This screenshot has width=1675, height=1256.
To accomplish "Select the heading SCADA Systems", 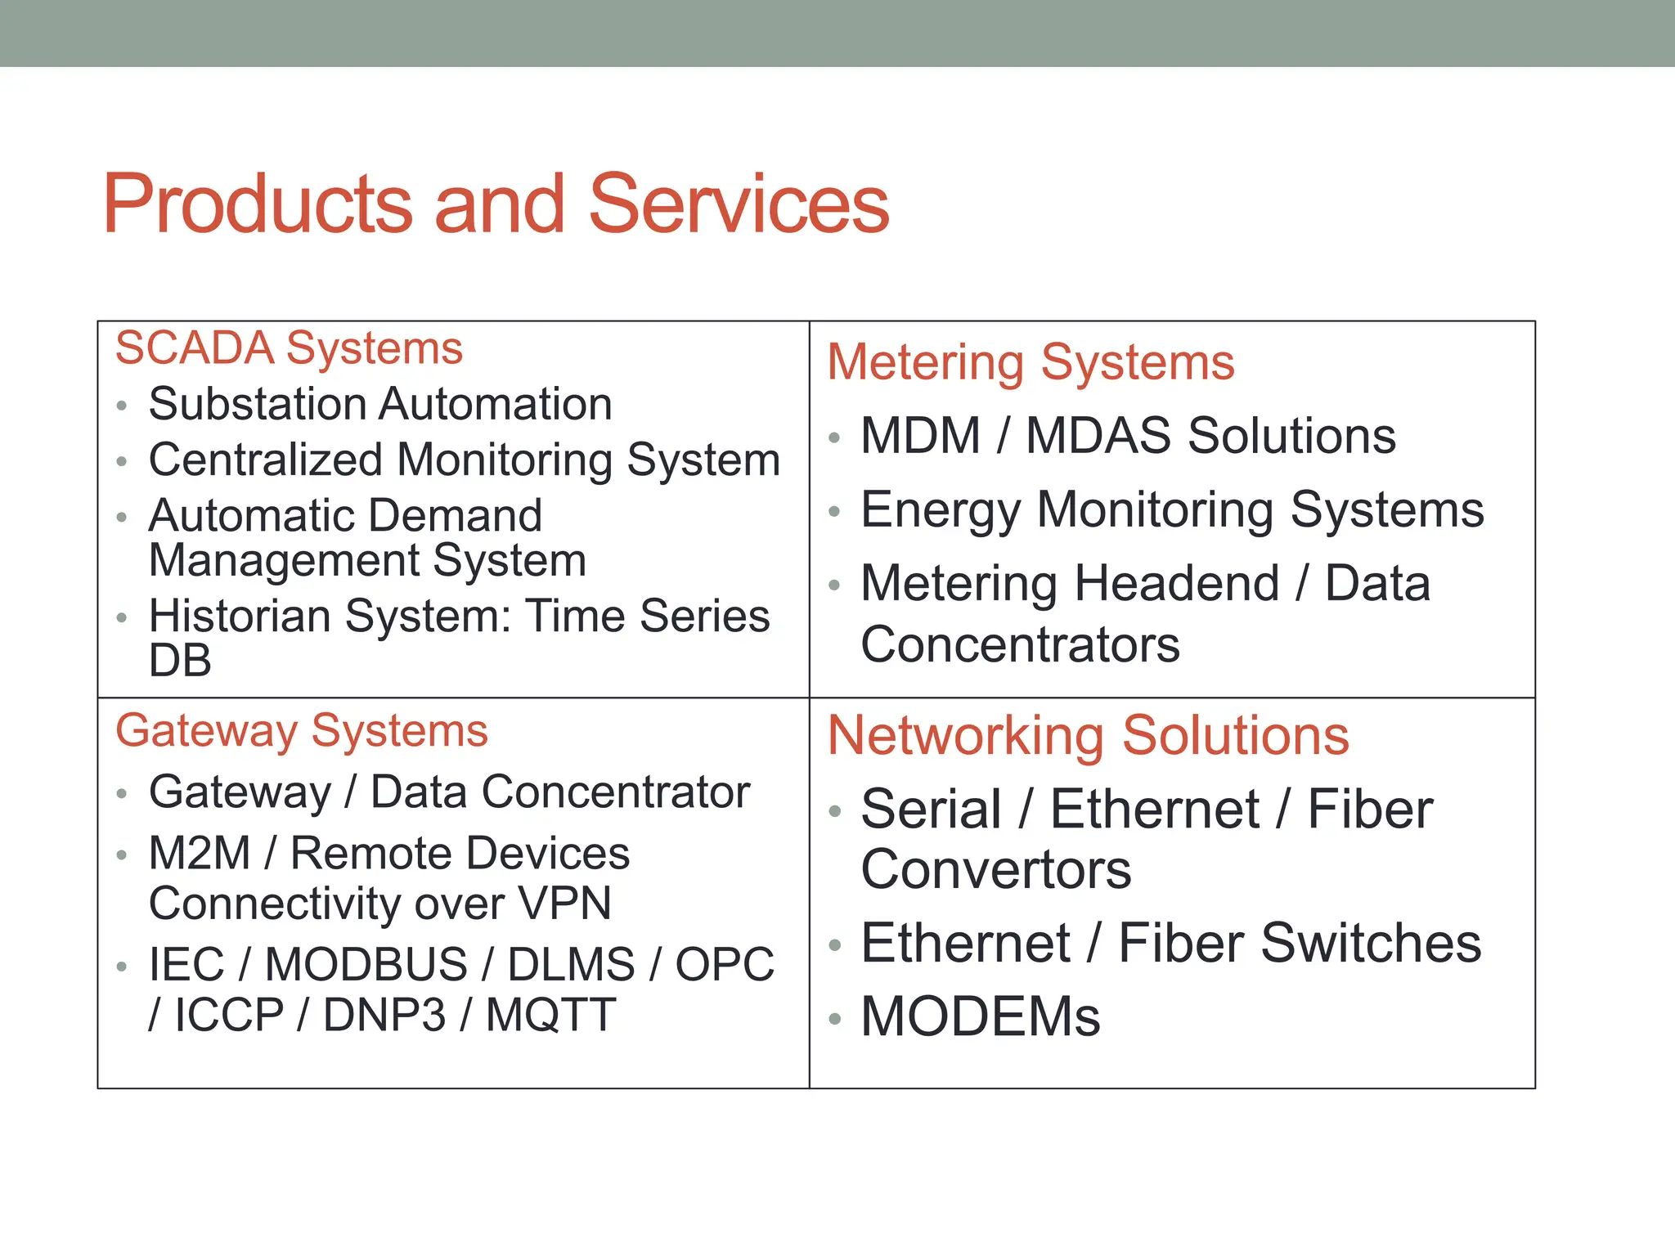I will (x=289, y=348).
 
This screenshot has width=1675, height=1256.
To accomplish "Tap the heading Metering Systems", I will (x=1030, y=362).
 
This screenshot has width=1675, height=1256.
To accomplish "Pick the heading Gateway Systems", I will (x=301, y=730).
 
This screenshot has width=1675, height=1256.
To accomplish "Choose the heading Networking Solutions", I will (x=1088, y=735).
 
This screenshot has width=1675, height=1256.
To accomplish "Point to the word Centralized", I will (x=265, y=460).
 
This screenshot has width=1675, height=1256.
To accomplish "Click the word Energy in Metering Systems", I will (x=941, y=510).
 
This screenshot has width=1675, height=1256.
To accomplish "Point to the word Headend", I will (x=1176, y=584).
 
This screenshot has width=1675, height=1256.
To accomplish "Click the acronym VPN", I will (x=564, y=904).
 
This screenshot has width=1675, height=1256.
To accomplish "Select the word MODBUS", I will (x=366, y=964).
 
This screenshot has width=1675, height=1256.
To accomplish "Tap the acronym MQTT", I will (x=550, y=1015).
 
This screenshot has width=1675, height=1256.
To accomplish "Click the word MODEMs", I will (x=980, y=1017).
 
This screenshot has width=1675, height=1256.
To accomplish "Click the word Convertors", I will (x=995, y=869).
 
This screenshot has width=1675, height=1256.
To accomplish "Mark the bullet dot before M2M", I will (x=122, y=855).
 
